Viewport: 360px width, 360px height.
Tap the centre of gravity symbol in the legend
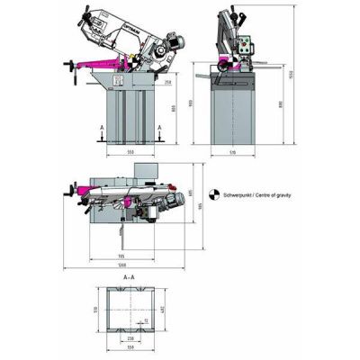tap(211, 193)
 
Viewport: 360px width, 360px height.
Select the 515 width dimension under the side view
tap(231, 154)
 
